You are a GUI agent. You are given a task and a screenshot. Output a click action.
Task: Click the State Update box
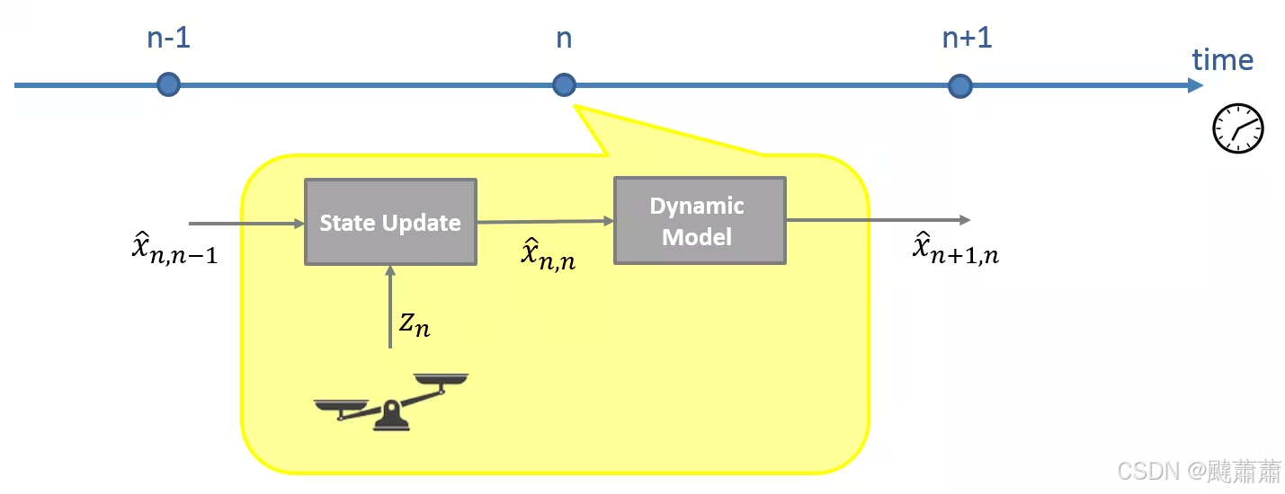(390, 222)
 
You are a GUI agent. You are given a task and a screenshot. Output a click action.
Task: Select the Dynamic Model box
(700, 221)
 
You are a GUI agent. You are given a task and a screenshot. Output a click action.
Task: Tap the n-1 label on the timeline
(168, 39)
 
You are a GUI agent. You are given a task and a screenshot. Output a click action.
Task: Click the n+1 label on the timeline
(967, 39)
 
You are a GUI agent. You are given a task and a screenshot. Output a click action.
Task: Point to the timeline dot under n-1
(168, 85)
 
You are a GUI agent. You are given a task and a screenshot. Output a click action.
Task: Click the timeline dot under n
(564, 85)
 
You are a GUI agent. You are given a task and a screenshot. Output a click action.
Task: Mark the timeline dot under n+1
(961, 85)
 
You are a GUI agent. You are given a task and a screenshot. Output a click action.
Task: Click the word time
(1222, 60)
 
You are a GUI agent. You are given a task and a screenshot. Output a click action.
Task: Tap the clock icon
(1238, 128)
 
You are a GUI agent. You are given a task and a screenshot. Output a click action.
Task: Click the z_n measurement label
(415, 324)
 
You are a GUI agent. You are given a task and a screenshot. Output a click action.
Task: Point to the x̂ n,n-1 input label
(170, 251)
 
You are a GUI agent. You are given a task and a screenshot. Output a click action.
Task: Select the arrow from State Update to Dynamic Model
(545, 221)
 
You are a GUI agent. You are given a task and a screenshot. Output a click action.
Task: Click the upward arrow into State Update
(389, 305)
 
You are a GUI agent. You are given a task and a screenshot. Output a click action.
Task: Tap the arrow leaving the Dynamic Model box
(878, 220)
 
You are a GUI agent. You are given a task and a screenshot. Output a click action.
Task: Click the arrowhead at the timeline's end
(1195, 85)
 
